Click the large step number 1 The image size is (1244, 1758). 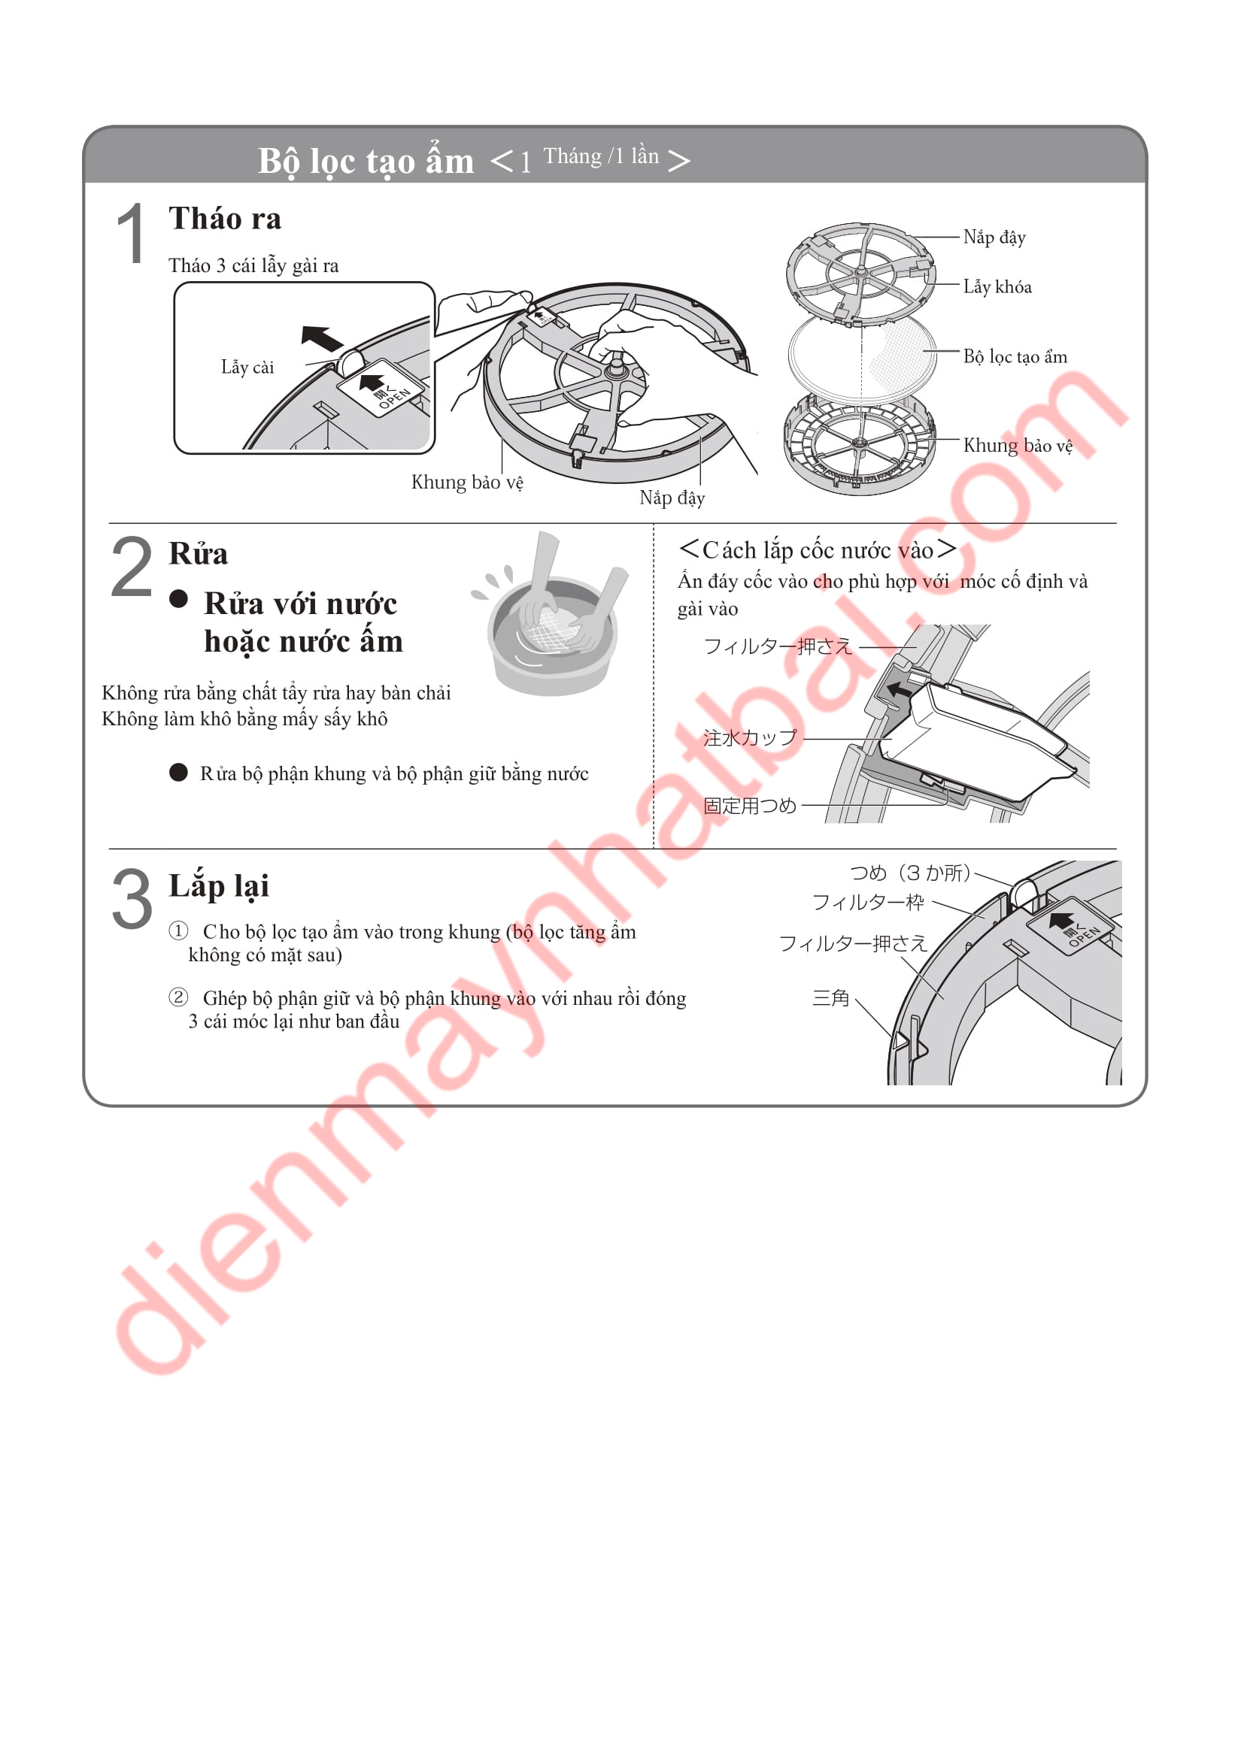[x=131, y=234]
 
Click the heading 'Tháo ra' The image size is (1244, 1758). [x=225, y=219]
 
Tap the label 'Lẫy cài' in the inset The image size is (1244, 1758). [x=247, y=368]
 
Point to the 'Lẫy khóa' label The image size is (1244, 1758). [x=997, y=287]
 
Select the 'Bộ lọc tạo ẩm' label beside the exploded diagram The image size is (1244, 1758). [x=1015, y=357]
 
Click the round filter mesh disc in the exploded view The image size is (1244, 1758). [x=863, y=357]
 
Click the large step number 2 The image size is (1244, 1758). [x=131, y=567]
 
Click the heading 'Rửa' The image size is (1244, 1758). [x=199, y=554]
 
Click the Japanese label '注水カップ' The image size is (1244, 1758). [x=750, y=738]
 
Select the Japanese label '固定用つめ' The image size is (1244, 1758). [x=750, y=806]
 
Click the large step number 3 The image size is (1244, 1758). [x=132, y=899]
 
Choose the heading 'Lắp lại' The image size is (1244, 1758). [x=219, y=887]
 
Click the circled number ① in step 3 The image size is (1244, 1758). [x=178, y=930]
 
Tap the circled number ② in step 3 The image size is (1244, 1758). [x=178, y=997]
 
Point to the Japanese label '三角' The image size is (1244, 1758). [x=831, y=997]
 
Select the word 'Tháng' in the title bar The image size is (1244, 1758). [x=572, y=156]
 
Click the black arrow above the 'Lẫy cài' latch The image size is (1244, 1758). [x=322, y=337]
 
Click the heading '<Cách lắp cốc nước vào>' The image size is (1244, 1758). [x=818, y=549]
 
